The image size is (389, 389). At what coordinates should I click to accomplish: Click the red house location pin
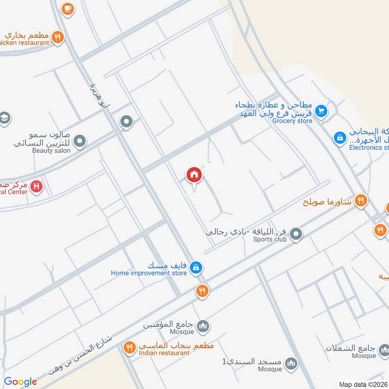tap(194, 175)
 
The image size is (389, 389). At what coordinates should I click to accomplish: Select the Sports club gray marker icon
tap(296, 236)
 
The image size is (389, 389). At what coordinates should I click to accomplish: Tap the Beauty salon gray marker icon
tap(80, 141)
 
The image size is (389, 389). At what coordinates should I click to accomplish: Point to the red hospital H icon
tap(36, 186)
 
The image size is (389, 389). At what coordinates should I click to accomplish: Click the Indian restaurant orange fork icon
tap(129, 347)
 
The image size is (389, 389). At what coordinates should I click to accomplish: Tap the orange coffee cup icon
tap(67, 8)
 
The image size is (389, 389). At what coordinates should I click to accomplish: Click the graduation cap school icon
tap(4, 118)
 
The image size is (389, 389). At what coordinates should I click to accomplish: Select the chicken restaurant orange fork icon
tap(58, 36)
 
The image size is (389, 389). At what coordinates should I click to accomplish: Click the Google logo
tap(20, 382)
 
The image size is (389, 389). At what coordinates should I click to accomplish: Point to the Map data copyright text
tap(363, 384)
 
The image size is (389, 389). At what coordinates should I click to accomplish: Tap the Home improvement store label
tap(149, 273)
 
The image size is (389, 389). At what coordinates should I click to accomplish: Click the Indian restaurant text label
tap(164, 353)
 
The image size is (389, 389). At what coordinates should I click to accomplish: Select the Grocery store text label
tap(292, 121)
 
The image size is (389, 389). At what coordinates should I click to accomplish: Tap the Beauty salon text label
tap(51, 151)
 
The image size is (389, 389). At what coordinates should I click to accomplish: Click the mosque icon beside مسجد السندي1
tap(291, 363)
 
